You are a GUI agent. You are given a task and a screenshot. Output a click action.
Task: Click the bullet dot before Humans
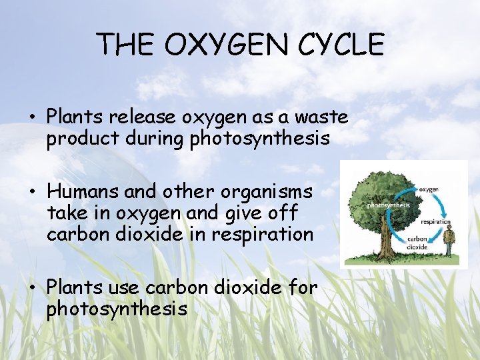click(x=32, y=193)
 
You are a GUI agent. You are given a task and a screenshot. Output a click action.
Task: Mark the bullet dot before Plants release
click(x=32, y=118)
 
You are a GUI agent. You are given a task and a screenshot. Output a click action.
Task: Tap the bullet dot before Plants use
click(x=32, y=287)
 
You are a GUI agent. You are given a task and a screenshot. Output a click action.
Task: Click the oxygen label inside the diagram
click(x=427, y=189)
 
